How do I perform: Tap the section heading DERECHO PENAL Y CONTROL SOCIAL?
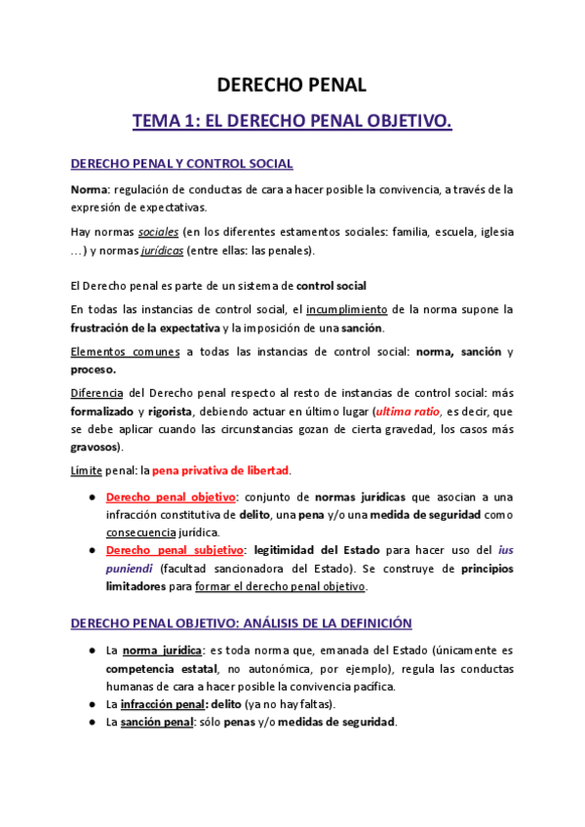[182, 164]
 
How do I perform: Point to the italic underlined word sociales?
[158, 232]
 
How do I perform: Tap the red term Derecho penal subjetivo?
[174, 550]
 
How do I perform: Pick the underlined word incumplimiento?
[348, 309]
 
